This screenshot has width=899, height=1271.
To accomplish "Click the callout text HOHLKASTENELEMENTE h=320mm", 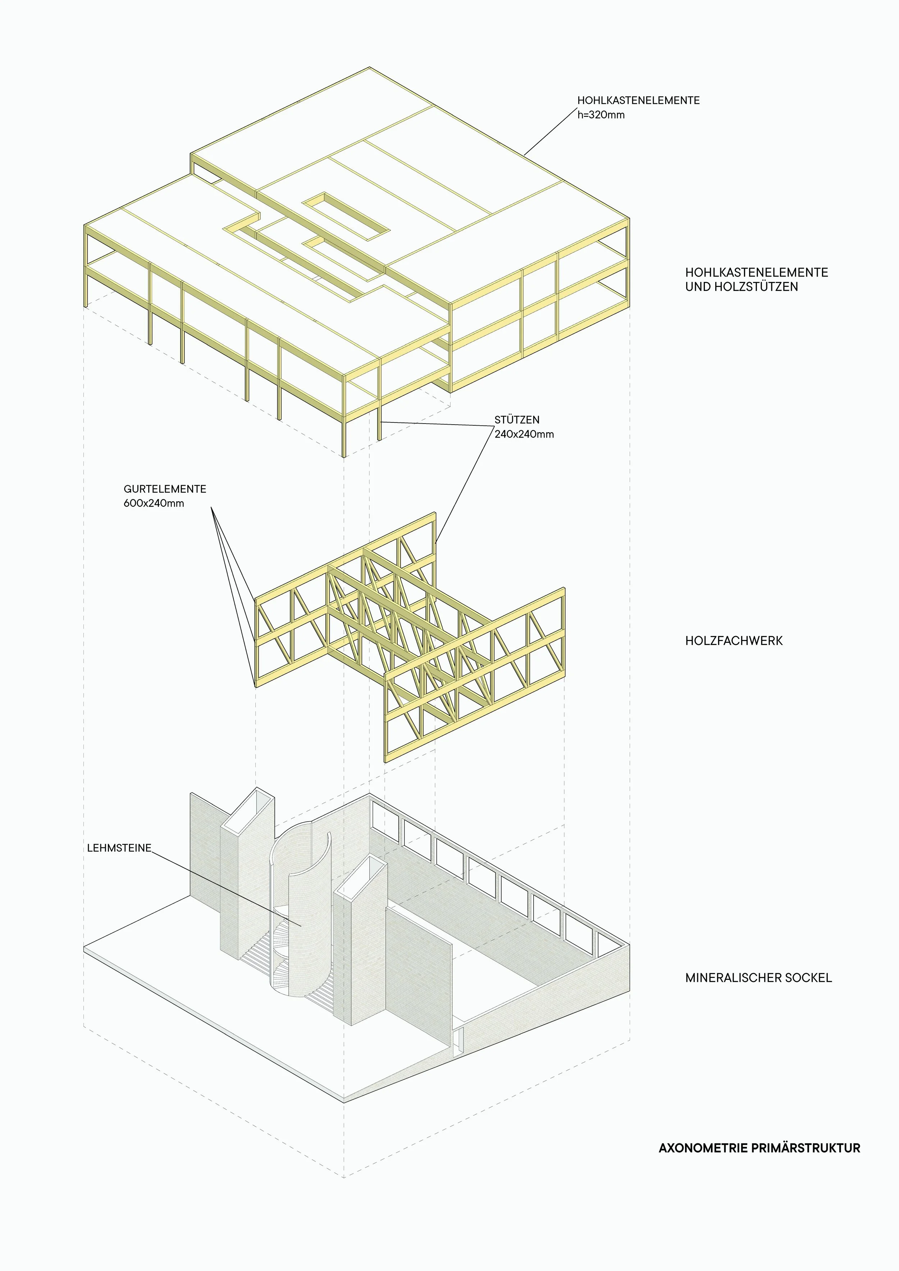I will tap(638, 108).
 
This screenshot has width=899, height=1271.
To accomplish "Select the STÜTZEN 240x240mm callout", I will tap(524, 427).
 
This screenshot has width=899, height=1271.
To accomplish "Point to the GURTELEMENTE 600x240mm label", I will tap(164, 496).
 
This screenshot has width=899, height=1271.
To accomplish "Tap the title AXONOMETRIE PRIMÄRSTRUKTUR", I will tap(759, 1148).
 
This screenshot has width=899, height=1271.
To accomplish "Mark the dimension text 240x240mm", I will tap(524, 434).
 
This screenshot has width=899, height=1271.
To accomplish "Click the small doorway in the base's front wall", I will tap(457, 1041).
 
